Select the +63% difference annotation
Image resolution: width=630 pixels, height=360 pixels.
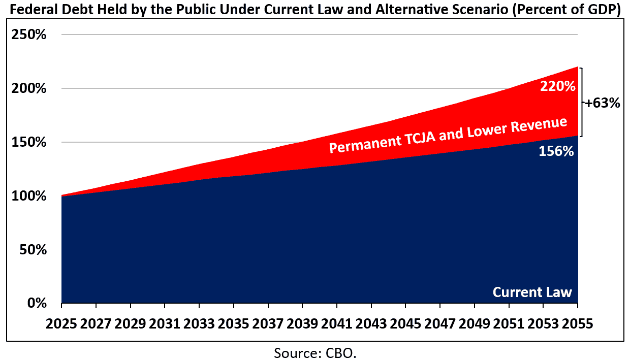tap(602, 103)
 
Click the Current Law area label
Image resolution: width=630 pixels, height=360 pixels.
tap(532, 292)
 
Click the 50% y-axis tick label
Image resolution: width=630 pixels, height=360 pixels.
tap(34, 250)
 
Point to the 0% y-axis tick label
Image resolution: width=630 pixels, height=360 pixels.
tap(37, 303)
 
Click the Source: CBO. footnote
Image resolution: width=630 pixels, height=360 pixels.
tap(315, 352)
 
